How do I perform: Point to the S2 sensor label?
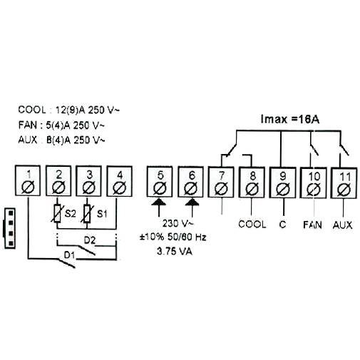71,213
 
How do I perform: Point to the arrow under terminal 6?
190,207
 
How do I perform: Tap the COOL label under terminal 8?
252,224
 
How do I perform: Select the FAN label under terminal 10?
312,224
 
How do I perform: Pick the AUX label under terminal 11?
343,224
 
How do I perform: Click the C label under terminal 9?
282,224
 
